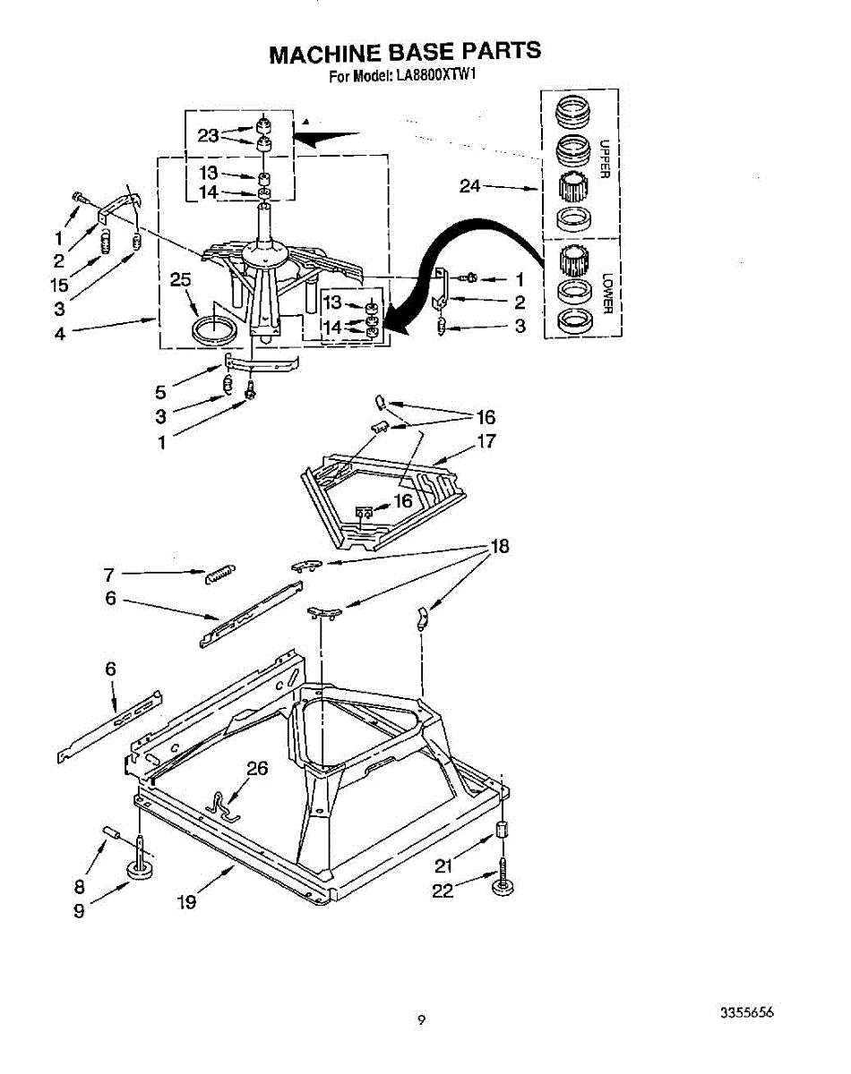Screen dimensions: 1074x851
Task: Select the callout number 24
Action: tap(470, 186)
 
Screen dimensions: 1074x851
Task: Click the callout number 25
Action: tap(181, 280)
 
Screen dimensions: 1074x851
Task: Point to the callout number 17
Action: tap(486, 441)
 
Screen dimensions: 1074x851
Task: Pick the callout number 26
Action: tap(257, 768)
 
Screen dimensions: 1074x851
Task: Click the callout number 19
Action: tap(186, 902)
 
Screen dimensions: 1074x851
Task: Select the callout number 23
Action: tap(208, 136)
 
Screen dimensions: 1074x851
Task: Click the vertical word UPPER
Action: tap(605, 159)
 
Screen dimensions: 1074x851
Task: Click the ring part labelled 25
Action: tap(215, 328)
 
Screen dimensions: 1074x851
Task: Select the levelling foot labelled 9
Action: tap(141, 868)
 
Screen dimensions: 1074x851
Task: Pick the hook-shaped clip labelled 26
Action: tap(220, 805)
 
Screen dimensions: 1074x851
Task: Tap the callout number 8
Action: tap(80, 888)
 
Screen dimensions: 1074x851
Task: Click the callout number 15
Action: tap(59, 285)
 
